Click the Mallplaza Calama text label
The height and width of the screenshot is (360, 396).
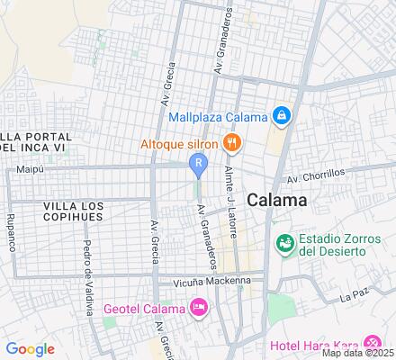point(218,117)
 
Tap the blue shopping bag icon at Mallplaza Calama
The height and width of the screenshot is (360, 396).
point(282,116)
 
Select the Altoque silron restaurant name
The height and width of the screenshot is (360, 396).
point(178,142)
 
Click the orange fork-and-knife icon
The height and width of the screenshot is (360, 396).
point(232,141)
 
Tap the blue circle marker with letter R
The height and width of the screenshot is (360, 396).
point(197,164)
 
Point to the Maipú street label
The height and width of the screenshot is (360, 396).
point(31,168)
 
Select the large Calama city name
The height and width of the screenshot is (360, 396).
point(276,201)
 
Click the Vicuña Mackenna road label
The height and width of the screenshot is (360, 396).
point(199,280)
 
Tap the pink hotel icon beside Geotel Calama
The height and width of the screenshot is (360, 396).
point(199,308)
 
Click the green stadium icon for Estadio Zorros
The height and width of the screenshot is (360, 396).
point(284,243)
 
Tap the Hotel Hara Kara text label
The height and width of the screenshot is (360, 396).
point(313,345)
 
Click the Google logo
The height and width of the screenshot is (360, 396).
point(30,348)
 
